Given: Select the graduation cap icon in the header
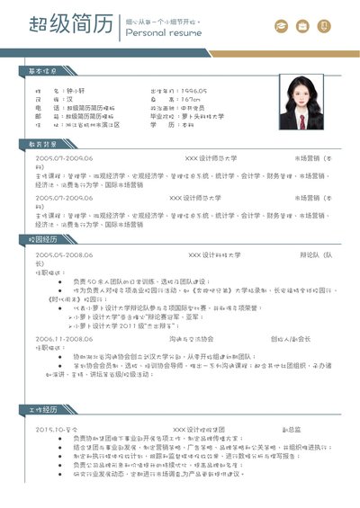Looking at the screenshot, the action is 281,27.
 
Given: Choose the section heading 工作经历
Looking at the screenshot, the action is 42,409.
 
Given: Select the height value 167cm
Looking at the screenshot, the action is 188,99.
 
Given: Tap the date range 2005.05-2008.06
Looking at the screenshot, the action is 64,254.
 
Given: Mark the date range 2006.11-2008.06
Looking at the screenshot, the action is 64,339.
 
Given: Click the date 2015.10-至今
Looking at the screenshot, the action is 58,430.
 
